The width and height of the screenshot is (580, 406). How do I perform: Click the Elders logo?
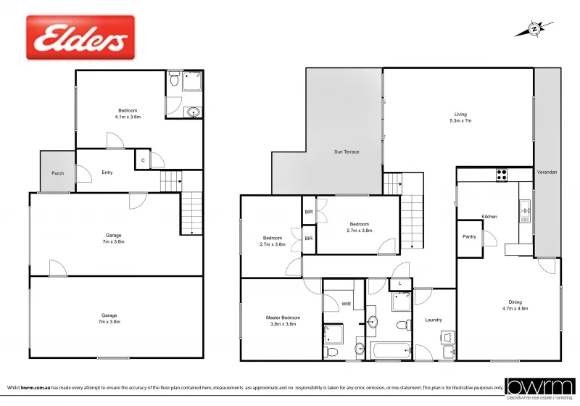click(80, 38)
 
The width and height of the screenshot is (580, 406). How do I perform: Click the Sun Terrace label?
click(347, 152)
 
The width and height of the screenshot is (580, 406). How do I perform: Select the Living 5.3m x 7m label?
click(460, 117)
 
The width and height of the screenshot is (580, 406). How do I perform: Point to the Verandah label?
click(546, 172)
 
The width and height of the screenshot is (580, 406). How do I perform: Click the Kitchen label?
click(489, 216)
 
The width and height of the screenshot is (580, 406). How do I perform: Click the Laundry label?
click(434, 320)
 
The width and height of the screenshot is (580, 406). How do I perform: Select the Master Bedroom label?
click(283, 320)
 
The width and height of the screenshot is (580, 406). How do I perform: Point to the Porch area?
click(57, 173)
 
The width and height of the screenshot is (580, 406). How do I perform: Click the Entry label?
click(107, 172)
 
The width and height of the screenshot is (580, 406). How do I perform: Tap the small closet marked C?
click(143, 159)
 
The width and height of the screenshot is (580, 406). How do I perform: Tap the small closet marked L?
click(401, 283)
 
